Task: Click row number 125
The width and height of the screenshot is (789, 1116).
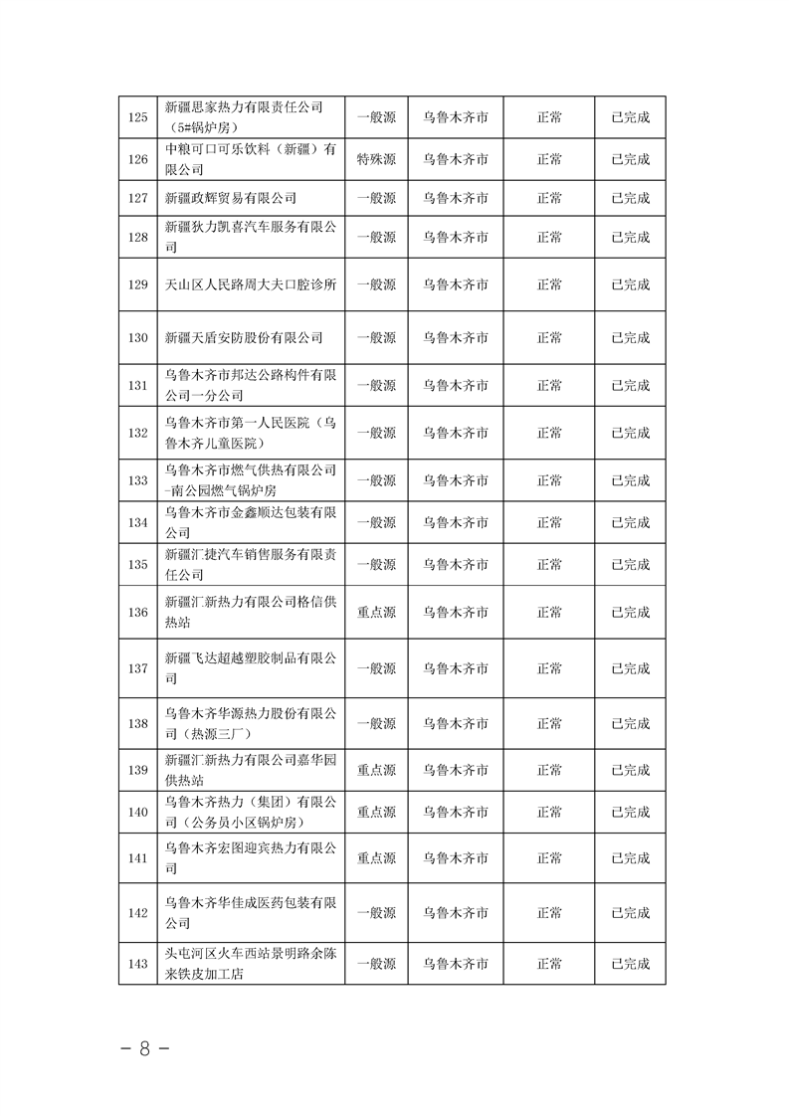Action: [138, 117]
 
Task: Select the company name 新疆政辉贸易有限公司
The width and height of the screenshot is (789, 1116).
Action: [230, 198]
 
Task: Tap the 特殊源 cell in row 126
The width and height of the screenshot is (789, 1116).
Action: [376, 158]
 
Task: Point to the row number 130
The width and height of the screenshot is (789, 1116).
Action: [138, 337]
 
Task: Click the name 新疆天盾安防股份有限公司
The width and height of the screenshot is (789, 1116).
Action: [244, 337]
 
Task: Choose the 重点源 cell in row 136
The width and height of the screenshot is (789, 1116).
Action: [376, 613]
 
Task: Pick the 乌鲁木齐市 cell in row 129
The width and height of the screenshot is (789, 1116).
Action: [455, 284]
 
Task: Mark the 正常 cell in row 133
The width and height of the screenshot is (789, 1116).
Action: [549, 480]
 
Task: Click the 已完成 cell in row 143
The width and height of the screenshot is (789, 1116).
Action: [630, 964]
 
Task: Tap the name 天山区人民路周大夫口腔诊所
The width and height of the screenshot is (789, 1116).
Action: [251, 284]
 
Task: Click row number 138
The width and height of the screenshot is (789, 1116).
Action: [138, 724]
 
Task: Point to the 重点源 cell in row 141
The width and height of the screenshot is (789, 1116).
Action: [376, 857]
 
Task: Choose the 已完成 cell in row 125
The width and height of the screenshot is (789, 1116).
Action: [630, 117]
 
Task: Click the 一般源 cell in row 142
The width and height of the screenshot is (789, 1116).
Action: [376, 912]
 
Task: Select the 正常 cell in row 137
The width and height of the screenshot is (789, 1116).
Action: [549, 668]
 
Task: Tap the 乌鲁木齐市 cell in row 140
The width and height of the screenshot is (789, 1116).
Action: [455, 812]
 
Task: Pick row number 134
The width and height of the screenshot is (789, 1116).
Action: [138, 522]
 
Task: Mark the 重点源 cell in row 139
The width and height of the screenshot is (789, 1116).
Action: [376, 770]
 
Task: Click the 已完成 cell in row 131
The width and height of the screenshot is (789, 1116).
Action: [630, 385]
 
